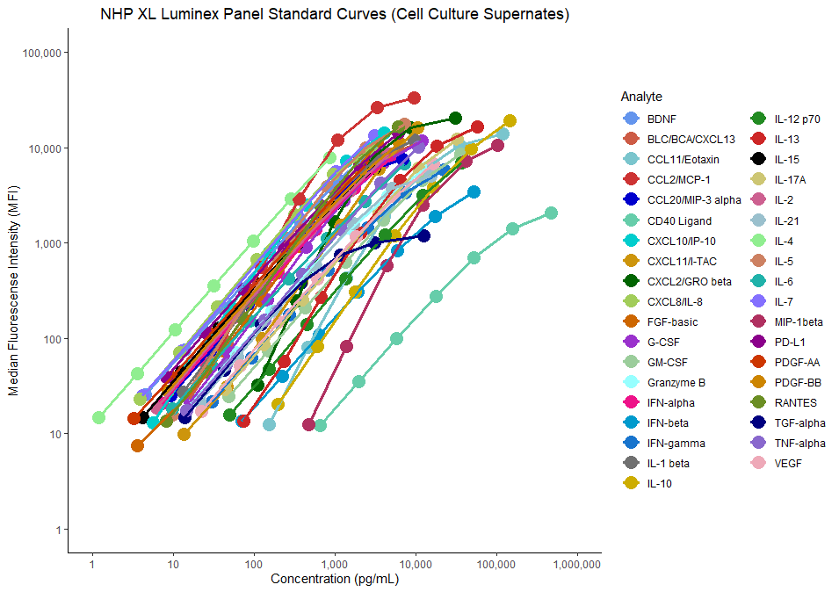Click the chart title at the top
click(335, 15)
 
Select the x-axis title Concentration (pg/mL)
click(335, 579)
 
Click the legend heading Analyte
click(641, 96)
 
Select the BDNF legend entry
click(662, 119)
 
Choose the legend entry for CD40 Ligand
click(679, 220)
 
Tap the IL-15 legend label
click(788, 160)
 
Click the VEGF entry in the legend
click(788, 463)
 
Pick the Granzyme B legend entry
click(676, 383)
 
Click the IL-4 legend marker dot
click(757, 241)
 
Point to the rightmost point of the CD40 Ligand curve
click(551, 213)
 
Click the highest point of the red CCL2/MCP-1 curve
click(414, 97)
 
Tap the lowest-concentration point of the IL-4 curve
click(98, 417)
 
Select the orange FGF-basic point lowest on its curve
click(137, 445)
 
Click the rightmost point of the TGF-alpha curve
click(423, 235)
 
